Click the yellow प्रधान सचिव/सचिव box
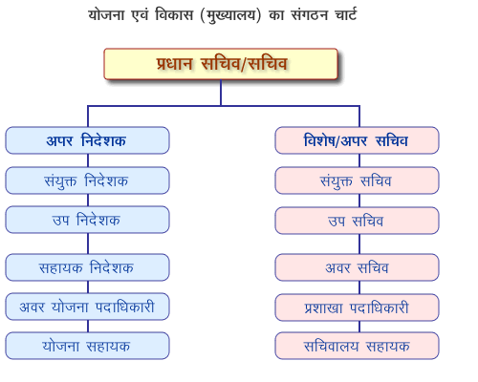point(221,64)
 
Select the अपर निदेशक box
point(87,140)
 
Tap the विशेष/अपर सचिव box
point(357,140)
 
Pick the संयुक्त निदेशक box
point(87,180)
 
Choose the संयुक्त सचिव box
point(357,180)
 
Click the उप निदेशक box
point(87,220)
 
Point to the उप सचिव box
point(357,221)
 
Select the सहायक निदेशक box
point(87,267)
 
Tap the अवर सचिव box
point(357,267)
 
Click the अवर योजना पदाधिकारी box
point(87,307)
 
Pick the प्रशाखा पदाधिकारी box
point(357,308)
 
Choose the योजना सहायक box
point(87,346)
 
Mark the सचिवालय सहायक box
point(357,346)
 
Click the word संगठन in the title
point(310,15)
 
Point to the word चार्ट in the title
point(346,14)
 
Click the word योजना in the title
point(106,14)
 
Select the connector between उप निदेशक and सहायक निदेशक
point(88,244)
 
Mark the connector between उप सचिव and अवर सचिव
point(359,244)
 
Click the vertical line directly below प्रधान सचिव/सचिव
point(221,93)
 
